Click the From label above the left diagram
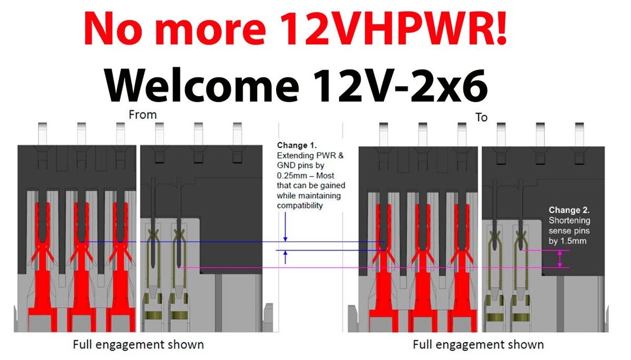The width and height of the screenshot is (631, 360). coord(143,115)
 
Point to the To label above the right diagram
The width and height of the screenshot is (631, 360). coord(482,117)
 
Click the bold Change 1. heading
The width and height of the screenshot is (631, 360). coord(297,145)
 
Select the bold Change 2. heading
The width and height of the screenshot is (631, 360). coord(569,210)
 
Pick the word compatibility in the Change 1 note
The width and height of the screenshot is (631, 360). coord(299,205)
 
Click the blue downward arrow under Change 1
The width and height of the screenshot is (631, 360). coord(286,227)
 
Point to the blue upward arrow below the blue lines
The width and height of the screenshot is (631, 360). coord(286,258)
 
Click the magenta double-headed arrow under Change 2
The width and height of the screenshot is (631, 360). coord(559,259)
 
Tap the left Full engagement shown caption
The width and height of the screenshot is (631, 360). coord(138,345)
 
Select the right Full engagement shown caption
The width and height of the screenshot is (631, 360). coord(479,345)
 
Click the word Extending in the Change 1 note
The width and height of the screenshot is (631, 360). coord(295,156)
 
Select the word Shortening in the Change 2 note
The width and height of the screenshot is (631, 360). coord(569,220)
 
